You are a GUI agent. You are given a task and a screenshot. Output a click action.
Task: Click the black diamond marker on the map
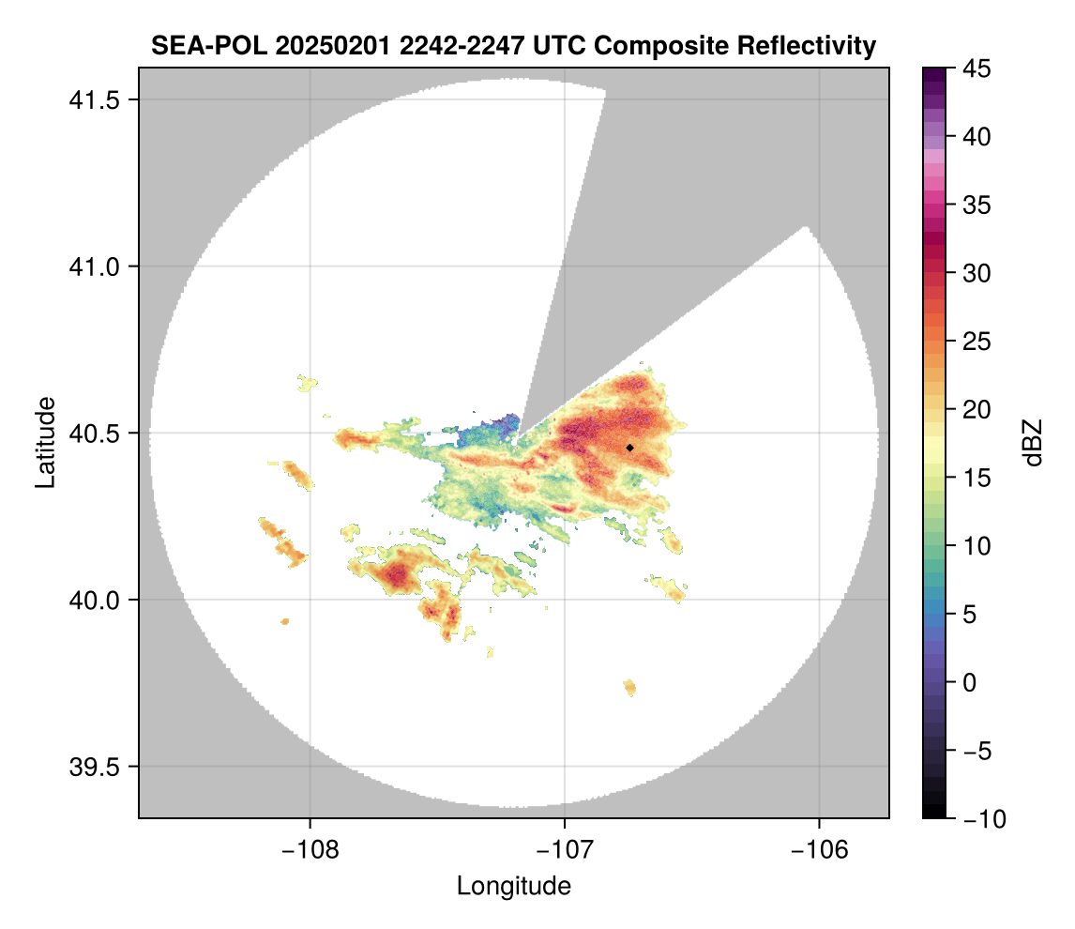[x=630, y=448]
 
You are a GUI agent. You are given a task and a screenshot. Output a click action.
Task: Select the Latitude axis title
[x=44, y=442]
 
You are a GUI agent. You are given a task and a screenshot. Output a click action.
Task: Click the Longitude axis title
[x=514, y=885]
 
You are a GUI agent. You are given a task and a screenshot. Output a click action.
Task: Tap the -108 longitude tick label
[x=310, y=850]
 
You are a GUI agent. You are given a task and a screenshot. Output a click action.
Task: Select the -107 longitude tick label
[x=565, y=850]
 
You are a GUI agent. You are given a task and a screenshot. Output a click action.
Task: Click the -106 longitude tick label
[x=820, y=850]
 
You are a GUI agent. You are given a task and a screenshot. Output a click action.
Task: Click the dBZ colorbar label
[x=1033, y=442]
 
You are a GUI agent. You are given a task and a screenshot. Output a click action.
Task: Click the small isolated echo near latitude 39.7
[x=629, y=688]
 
